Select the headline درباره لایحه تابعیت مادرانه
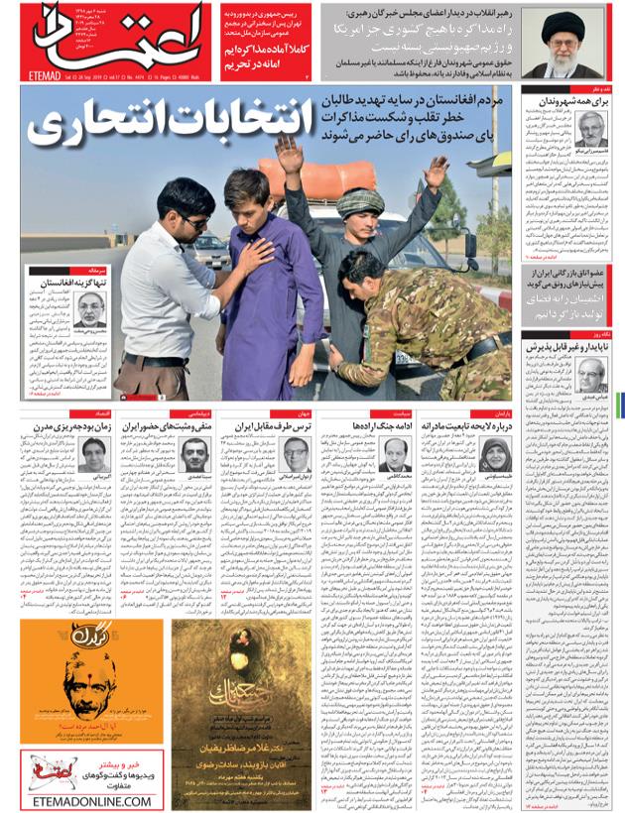[x=467, y=424]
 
